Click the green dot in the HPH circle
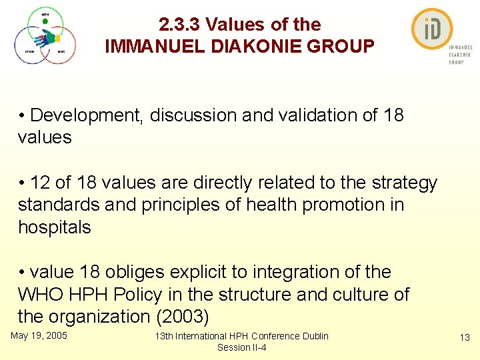(45, 21)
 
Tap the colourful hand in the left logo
(45, 39)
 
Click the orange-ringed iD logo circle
(432, 29)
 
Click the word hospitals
(54, 227)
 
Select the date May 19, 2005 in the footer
(39, 335)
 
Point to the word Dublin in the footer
(313, 336)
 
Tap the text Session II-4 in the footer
(241, 347)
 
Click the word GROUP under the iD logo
(456, 62)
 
